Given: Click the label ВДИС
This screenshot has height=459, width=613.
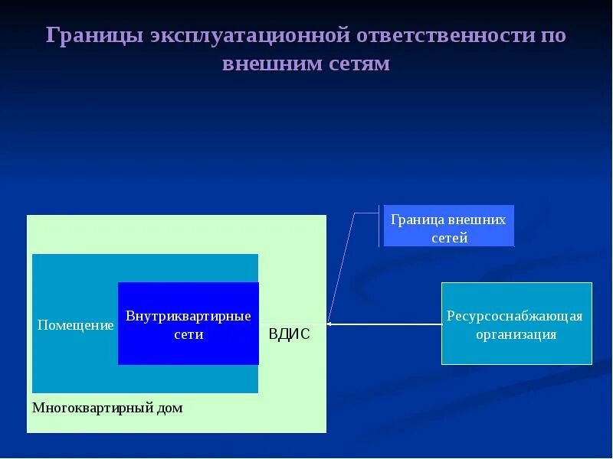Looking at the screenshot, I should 289,334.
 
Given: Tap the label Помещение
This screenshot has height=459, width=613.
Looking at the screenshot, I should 75,325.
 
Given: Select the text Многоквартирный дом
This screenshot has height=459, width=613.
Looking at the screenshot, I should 107,408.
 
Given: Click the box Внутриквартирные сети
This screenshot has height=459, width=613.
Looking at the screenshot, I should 188,324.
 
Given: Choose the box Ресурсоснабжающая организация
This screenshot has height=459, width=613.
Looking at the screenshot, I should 516,323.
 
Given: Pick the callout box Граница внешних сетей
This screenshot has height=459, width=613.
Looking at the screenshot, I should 448,226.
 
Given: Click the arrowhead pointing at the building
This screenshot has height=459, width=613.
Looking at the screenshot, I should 330,324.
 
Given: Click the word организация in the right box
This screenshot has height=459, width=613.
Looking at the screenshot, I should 516,334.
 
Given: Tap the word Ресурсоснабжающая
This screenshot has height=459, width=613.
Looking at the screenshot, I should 515,316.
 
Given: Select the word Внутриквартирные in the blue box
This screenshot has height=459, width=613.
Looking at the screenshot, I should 188,316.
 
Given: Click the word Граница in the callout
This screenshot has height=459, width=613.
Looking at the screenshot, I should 416,220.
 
